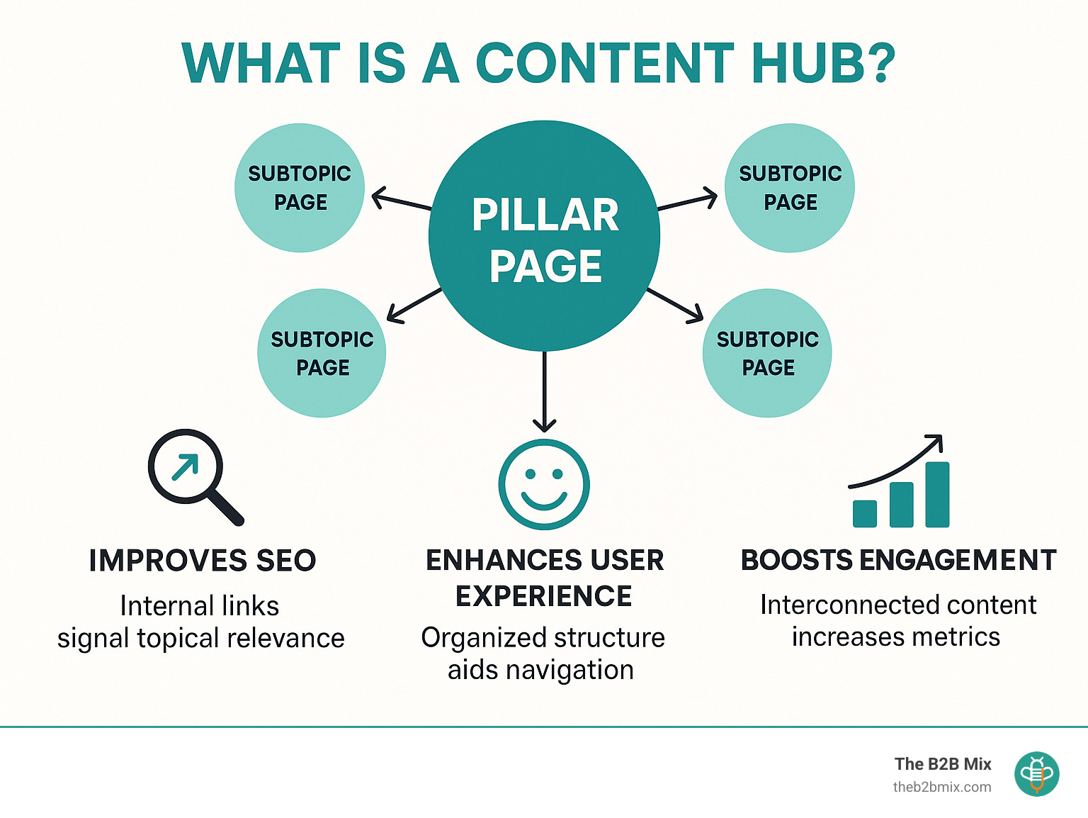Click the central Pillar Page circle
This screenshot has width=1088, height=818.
[544, 236]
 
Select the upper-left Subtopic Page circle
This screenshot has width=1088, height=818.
[300, 188]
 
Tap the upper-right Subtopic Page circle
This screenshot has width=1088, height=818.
[790, 188]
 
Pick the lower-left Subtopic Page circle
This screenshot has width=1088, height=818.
[322, 353]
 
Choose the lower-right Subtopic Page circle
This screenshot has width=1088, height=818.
[767, 353]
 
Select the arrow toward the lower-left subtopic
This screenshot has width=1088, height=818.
[414, 305]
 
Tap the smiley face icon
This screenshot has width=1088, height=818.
[544, 484]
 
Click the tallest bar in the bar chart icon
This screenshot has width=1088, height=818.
[937, 494]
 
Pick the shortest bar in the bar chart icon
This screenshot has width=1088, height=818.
[865, 513]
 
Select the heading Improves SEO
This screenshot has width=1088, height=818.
[203, 561]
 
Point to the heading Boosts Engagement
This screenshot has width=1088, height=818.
[898, 561]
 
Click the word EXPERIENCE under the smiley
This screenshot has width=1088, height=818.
[544, 596]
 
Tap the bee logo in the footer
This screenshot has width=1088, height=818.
[1037, 774]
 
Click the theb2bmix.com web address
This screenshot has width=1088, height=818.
[942, 787]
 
